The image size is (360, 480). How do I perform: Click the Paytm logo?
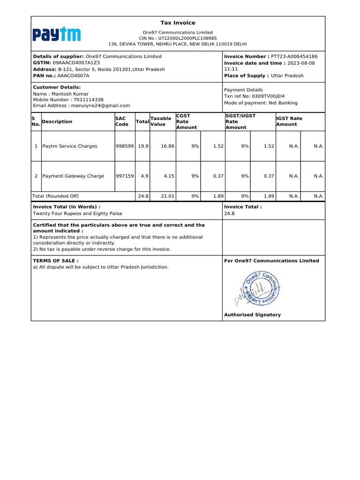click(56, 35)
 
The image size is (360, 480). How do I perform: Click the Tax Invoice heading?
click(178, 23)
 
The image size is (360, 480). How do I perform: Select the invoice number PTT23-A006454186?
click(294, 56)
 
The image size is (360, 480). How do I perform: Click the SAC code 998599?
click(125, 146)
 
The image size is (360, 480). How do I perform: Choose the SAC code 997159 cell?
click(125, 176)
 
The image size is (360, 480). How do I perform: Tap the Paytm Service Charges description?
click(70, 146)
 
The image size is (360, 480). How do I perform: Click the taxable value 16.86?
click(167, 146)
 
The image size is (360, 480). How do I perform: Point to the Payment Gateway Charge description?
click(73, 176)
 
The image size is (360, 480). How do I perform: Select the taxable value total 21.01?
click(167, 196)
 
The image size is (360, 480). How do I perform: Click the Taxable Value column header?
click(160, 121)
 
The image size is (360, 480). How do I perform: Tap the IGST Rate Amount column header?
click(289, 121)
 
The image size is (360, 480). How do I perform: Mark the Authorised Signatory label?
click(252, 315)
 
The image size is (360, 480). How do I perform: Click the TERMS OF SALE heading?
click(56, 261)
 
